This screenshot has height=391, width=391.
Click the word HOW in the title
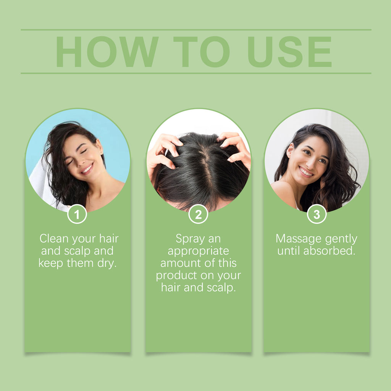click(x=107, y=52)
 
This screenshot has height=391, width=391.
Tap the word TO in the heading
click(x=201, y=52)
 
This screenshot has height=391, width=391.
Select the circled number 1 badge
click(x=77, y=214)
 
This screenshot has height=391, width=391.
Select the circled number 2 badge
click(x=198, y=214)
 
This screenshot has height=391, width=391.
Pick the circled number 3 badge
click(x=317, y=214)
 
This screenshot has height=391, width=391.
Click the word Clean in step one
click(x=54, y=239)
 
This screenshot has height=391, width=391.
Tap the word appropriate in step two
click(x=198, y=251)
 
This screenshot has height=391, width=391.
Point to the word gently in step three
click(x=341, y=239)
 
